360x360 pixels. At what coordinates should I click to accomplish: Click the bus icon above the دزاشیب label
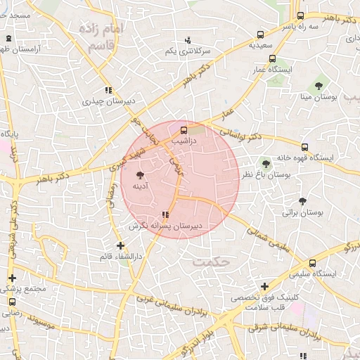184,130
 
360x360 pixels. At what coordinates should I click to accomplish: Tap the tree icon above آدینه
141,172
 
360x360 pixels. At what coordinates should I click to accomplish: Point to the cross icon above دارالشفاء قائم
121,246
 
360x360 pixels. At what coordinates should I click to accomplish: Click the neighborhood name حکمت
211,262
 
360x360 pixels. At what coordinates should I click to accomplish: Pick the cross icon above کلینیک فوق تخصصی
264,286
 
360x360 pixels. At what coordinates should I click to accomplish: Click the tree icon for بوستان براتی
302,200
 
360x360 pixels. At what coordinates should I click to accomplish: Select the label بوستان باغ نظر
266,174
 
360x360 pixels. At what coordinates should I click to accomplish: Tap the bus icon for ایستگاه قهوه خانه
304,147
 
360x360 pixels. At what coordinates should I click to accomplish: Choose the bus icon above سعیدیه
261,34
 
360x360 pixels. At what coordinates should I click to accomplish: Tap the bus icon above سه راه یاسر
301,15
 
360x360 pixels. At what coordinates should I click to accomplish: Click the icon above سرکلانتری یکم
187,41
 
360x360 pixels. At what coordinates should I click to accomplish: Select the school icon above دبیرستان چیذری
108,90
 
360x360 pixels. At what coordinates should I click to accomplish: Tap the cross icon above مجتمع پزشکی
11,278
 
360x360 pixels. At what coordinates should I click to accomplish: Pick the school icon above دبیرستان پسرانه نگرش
165,214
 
